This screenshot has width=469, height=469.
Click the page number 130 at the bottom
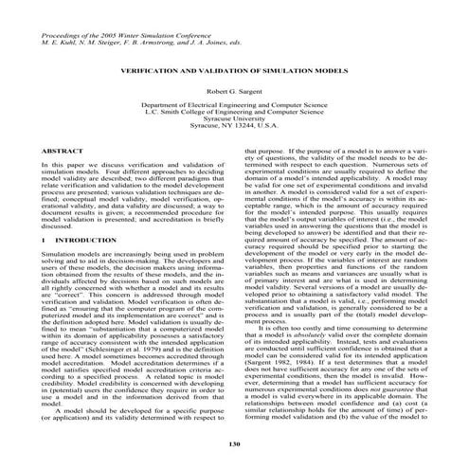(x=233, y=443)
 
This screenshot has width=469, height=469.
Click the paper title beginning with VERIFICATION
(x=233, y=70)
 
